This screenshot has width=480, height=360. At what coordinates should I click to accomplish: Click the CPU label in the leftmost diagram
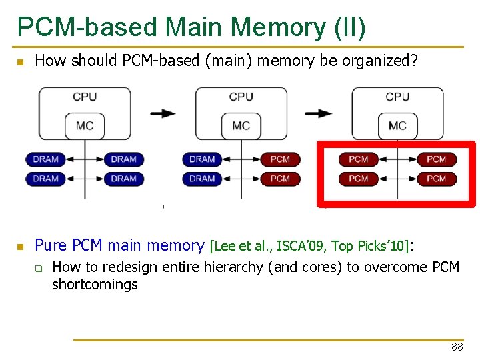click(85, 97)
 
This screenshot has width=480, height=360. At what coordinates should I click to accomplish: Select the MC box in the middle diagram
click(241, 125)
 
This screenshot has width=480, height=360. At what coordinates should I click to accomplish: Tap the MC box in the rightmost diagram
click(397, 125)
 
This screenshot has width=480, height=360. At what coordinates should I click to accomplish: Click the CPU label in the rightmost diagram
click(397, 97)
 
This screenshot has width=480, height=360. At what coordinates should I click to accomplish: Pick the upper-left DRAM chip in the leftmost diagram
click(45, 159)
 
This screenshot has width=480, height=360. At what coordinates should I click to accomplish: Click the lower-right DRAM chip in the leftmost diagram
click(123, 179)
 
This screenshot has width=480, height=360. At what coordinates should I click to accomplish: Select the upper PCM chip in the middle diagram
click(280, 159)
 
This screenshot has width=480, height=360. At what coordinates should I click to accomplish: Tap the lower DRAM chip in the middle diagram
click(202, 179)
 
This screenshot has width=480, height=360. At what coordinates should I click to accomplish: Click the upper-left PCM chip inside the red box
click(358, 159)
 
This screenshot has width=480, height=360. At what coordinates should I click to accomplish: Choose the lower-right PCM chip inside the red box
click(436, 179)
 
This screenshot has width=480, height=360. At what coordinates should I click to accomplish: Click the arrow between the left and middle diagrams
click(163, 113)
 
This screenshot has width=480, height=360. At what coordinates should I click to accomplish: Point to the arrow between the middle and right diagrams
click(319, 113)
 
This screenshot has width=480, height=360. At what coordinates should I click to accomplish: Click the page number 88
click(457, 347)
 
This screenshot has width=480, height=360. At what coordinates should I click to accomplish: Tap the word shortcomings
click(95, 285)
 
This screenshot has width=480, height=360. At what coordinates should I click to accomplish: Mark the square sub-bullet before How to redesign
click(39, 269)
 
